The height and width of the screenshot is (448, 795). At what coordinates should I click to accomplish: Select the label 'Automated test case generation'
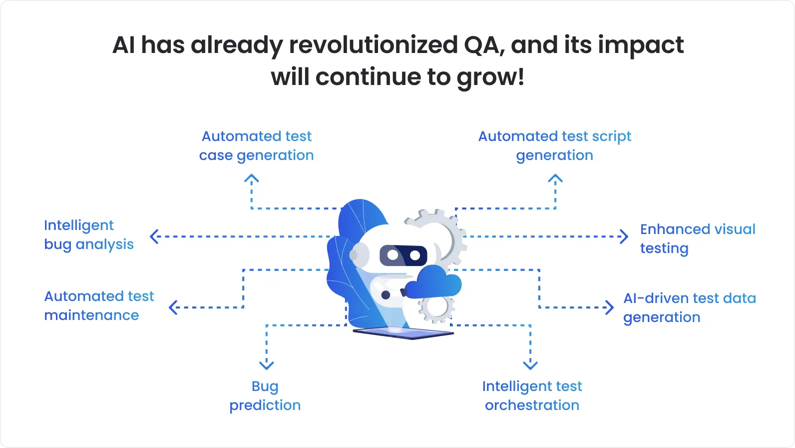pos(256,145)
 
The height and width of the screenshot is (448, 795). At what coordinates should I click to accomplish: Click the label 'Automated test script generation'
pos(554,145)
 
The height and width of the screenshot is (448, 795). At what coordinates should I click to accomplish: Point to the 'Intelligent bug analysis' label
pos(88,234)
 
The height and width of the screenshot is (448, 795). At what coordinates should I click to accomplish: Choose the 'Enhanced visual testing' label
pos(697,238)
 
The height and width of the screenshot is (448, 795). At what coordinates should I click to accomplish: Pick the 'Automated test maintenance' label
pos(99,305)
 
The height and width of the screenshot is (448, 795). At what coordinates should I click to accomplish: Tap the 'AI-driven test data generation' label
pos(689,307)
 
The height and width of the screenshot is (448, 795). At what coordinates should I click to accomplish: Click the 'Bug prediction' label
pos(265,395)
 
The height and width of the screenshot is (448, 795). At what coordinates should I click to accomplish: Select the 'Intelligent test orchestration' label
pos(532,395)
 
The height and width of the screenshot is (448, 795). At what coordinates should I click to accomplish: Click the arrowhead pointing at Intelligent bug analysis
pos(154,236)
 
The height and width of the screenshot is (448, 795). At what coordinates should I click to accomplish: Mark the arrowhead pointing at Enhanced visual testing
pos(624,236)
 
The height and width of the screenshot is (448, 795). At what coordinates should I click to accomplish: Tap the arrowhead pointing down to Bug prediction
pos(267,365)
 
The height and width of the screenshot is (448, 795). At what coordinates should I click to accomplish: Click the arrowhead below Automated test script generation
pos(555,178)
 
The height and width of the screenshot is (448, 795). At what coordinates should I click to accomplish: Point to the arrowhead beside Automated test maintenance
pos(173,307)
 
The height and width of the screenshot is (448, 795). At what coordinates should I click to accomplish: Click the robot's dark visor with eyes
pos(403,255)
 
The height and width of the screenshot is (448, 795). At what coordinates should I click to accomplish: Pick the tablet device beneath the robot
pos(402,332)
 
